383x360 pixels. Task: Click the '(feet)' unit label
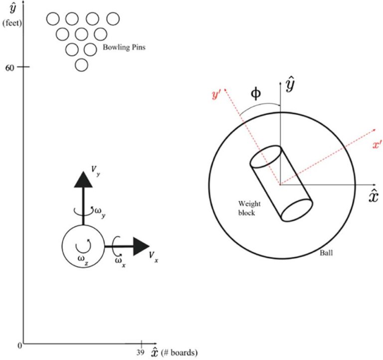tap(10, 23)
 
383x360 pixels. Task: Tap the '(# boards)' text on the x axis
tap(180, 353)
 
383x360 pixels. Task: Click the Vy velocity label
tap(94, 172)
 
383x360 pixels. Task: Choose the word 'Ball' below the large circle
tap(326, 253)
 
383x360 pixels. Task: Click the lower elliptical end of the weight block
tap(297, 209)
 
